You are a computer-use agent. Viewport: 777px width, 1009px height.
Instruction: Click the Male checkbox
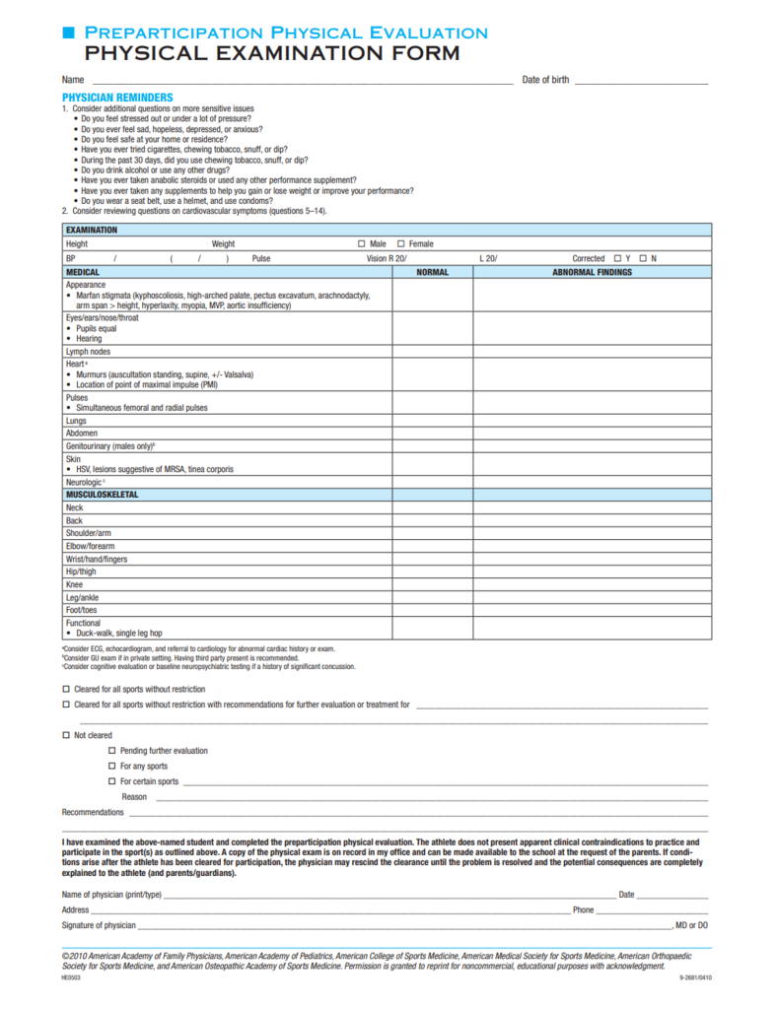click(x=361, y=243)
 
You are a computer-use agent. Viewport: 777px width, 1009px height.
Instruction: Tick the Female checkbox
click(x=400, y=243)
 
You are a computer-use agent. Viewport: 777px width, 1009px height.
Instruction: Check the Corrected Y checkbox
click(x=616, y=258)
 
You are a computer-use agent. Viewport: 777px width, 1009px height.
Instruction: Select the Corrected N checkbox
click(x=642, y=258)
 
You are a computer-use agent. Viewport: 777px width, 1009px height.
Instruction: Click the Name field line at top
click(x=296, y=80)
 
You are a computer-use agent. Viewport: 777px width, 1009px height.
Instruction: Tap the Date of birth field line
click(x=641, y=80)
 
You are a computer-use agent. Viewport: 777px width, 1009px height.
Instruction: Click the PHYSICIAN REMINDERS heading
click(x=117, y=98)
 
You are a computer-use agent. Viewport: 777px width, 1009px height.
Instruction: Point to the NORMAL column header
click(x=432, y=272)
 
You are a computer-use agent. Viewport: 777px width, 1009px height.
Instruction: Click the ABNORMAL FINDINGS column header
click(x=592, y=272)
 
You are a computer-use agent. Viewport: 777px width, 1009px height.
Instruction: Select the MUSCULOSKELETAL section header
click(x=103, y=494)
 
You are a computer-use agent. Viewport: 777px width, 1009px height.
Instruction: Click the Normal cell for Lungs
click(x=432, y=420)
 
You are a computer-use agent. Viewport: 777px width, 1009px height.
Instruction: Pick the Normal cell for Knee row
click(x=432, y=583)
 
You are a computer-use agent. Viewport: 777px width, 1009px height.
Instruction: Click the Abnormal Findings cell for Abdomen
click(x=592, y=433)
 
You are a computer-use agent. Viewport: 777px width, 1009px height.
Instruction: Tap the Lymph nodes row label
click(x=89, y=351)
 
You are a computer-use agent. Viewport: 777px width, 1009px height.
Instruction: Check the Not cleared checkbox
click(x=66, y=735)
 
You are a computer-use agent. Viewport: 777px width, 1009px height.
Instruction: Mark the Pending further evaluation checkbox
click(x=112, y=751)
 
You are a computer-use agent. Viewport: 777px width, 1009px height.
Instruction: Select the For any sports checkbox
click(x=112, y=766)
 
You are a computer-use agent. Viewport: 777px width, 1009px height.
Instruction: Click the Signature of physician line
click(x=404, y=926)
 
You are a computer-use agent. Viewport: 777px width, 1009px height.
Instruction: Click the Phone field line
click(x=652, y=910)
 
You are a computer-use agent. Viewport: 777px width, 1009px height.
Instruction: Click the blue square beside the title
click(x=68, y=34)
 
